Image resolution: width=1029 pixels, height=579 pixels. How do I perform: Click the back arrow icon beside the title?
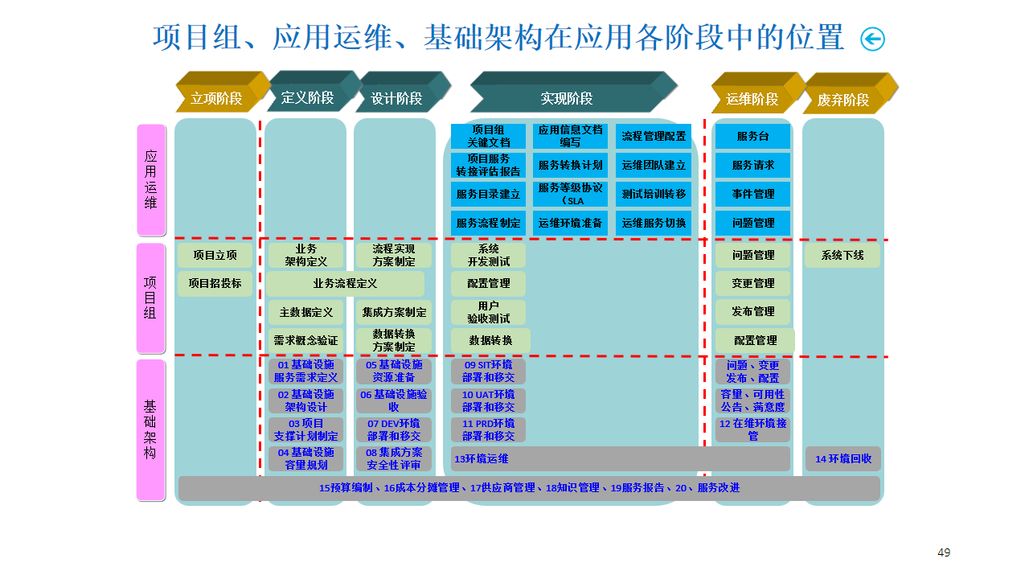(872, 39)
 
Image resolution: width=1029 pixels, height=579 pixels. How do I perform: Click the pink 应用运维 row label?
(151, 179)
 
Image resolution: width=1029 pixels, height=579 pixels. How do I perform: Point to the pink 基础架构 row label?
(150, 429)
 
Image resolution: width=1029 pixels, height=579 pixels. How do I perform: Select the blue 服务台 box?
(752, 136)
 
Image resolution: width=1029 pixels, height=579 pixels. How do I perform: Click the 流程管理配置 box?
(654, 136)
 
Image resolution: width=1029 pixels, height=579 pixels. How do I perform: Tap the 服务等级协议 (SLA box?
(570, 194)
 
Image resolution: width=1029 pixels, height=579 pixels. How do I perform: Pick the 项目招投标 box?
(215, 284)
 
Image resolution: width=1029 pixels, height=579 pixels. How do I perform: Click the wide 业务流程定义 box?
(345, 284)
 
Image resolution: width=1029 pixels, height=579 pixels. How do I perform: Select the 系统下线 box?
(842, 255)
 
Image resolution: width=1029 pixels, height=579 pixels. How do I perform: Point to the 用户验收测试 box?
(488, 312)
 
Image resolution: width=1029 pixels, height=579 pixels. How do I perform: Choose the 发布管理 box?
(753, 311)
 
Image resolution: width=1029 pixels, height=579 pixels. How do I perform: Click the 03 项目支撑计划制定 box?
(306, 429)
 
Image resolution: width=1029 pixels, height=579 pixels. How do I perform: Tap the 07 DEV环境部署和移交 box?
(394, 429)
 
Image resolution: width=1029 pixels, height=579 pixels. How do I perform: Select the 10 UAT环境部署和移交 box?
(488, 400)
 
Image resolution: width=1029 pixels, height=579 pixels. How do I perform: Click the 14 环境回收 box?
(843, 458)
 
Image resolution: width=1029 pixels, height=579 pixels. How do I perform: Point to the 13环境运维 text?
(481, 458)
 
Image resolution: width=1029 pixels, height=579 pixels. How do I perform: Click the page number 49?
(944, 552)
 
